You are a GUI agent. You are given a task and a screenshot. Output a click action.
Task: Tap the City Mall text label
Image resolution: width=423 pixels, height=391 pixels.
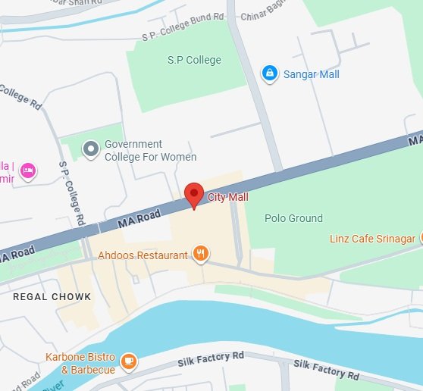pyautogui.click(x=228, y=198)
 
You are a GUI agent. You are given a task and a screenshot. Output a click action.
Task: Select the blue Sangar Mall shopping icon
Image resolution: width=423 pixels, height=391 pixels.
pyautogui.click(x=268, y=74)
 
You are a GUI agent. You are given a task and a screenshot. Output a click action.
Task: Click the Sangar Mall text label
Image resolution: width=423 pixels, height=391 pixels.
pyautogui.click(x=311, y=74)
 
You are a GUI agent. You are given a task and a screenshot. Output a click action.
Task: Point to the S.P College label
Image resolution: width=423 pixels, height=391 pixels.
pyautogui.click(x=194, y=60)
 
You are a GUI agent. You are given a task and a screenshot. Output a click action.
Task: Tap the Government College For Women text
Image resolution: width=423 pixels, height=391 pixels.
pyautogui.click(x=149, y=150)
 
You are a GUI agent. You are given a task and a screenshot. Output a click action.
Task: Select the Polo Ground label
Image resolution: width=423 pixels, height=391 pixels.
pyautogui.click(x=293, y=218)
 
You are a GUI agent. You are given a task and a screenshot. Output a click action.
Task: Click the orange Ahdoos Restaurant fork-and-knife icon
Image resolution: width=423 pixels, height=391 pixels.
pyautogui.click(x=201, y=255)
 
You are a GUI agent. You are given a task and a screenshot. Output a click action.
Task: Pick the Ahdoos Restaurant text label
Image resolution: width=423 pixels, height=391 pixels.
pyautogui.click(x=143, y=255)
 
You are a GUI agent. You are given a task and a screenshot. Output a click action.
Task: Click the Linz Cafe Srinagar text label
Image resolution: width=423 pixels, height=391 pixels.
pyautogui.click(x=372, y=239)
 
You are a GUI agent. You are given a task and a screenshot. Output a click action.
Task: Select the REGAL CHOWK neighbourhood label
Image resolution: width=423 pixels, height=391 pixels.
pyautogui.click(x=52, y=297)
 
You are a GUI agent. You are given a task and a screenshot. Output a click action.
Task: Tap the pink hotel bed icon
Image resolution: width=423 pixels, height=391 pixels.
pyautogui.click(x=28, y=169)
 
